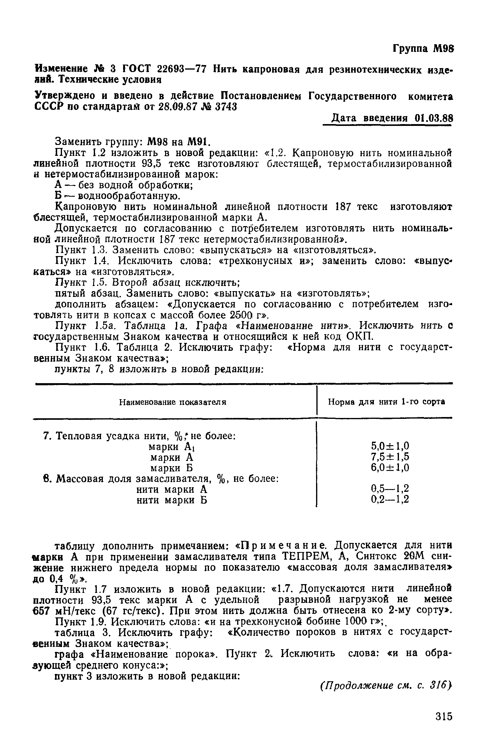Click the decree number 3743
point(225,107)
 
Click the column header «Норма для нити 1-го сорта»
point(387,402)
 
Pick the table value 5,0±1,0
point(390,446)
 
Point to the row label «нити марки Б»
point(172,500)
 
